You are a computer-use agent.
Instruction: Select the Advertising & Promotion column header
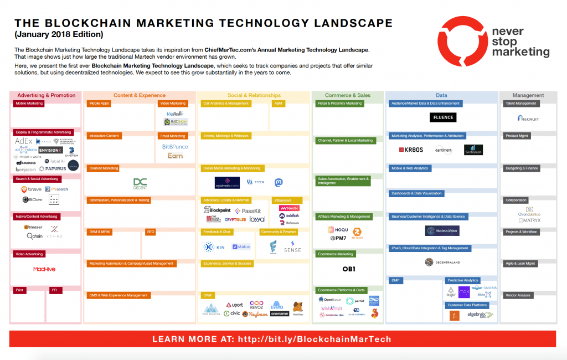tap(46, 95)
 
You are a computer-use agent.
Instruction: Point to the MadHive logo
tap(44, 269)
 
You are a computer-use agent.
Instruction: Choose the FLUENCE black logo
tap(443, 117)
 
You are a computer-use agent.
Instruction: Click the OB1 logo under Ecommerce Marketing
tap(348, 269)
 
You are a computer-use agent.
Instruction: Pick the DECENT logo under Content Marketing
tap(140, 183)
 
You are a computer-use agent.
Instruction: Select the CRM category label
tap(208, 295)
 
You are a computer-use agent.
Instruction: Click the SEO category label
tap(151, 232)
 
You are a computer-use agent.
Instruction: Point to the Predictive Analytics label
tap(463, 281)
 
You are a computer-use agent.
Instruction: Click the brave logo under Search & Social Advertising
tap(32, 189)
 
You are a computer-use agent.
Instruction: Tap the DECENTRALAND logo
tap(442, 263)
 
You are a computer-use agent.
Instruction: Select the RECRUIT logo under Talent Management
tap(528, 118)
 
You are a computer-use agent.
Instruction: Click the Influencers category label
tap(282, 200)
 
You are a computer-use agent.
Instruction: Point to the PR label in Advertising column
tap(54, 290)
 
